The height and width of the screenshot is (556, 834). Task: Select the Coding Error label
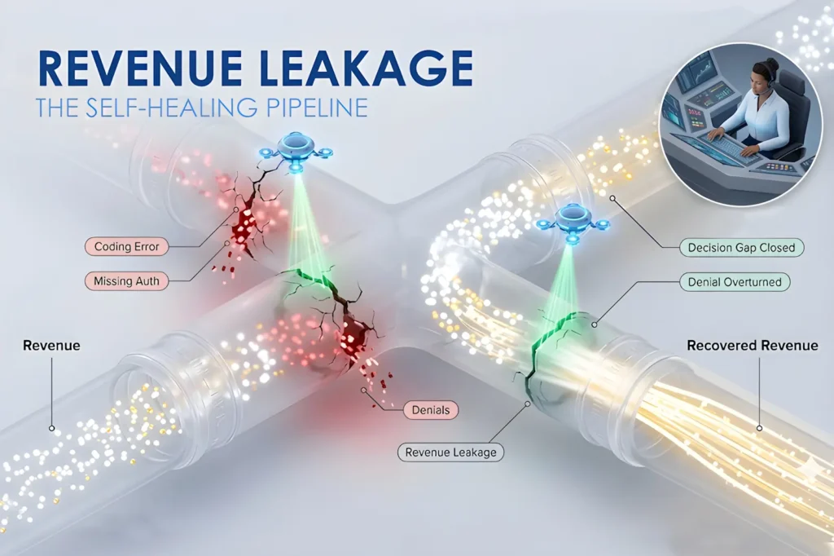126,246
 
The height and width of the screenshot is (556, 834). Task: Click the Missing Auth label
126,281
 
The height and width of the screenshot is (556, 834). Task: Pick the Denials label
431,410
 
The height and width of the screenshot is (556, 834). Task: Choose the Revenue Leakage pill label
450,452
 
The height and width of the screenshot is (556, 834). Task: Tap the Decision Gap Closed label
741,248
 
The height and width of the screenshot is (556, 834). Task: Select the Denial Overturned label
735,282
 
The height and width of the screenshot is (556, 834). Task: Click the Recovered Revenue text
752,345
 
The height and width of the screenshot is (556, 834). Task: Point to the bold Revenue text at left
51,345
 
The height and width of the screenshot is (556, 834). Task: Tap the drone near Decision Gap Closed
572,223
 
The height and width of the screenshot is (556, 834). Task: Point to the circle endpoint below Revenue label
51,428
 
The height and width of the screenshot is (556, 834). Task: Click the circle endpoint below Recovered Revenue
759,428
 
